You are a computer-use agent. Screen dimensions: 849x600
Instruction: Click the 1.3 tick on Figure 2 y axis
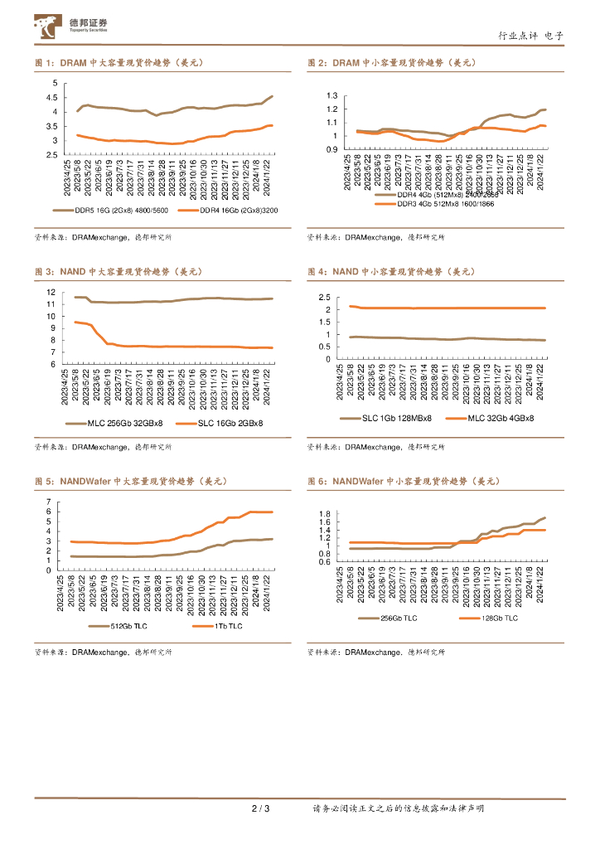[x=333, y=96]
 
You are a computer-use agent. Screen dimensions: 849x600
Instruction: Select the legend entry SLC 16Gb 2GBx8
[x=230, y=423]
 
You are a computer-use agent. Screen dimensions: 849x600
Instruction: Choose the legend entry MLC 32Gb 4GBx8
[x=499, y=418]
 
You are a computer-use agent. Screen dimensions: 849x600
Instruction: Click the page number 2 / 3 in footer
[x=260, y=808]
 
